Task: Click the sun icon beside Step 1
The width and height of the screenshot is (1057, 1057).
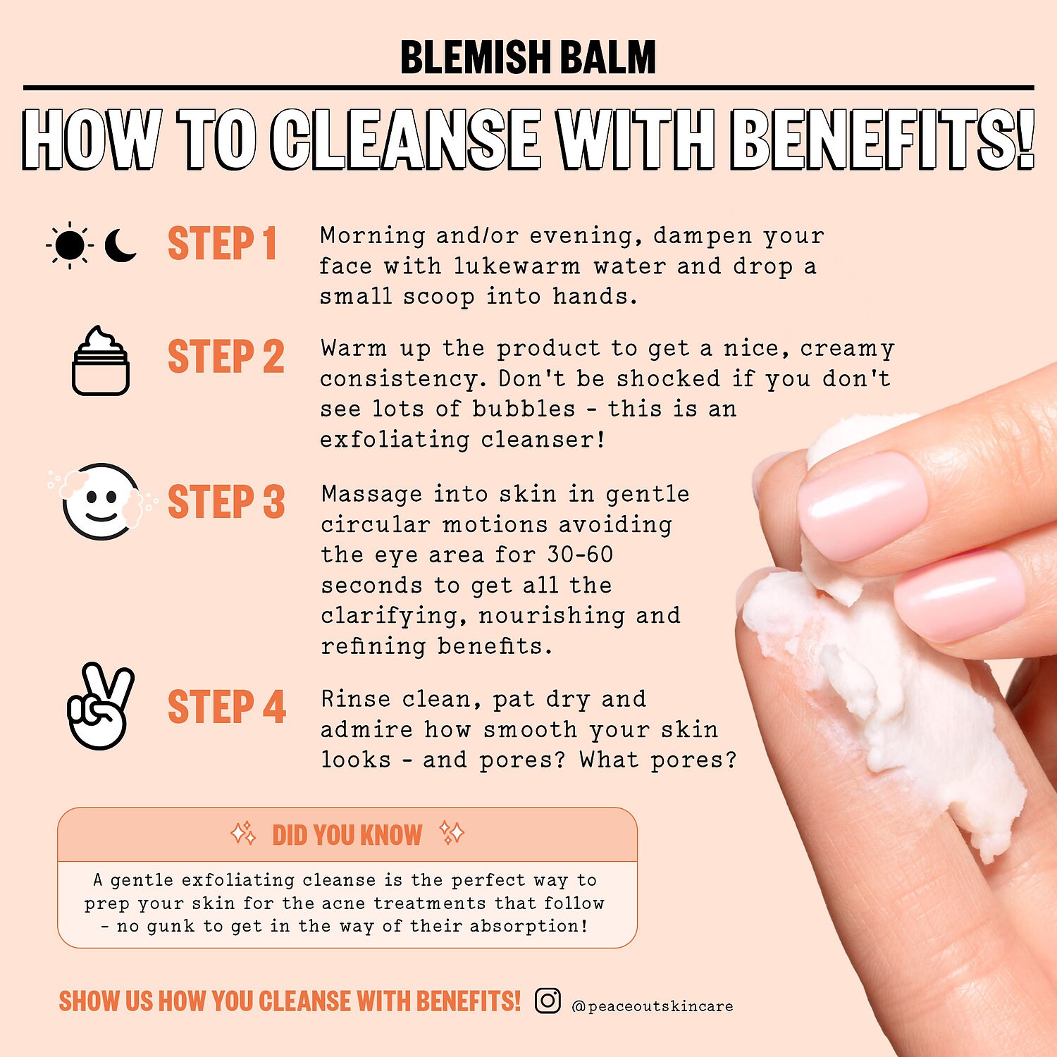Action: pos(70,245)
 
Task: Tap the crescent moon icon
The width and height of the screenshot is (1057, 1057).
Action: pos(120,245)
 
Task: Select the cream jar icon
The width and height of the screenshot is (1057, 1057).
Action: pos(101,360)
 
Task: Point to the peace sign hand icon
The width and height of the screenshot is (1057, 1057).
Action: pos(100,706)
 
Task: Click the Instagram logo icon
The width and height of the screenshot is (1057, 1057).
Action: pos(548,1000)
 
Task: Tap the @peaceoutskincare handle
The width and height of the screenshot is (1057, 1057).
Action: pos(653,1006)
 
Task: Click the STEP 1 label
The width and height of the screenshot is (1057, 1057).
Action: pos(222,244)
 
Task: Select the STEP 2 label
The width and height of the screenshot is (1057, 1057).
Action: pos(226,357)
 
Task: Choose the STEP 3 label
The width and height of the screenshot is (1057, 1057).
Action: pos(226,502)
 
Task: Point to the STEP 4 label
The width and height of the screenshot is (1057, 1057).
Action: pos(227,707)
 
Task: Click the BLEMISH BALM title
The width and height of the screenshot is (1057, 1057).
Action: pos(528,57)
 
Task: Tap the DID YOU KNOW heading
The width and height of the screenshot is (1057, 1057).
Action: pos(347,835)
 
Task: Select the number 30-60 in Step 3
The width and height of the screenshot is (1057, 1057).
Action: pos(581,555)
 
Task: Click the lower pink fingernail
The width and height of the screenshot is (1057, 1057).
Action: pos(960,596)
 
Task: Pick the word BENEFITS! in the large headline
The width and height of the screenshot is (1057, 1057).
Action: pos(882,139)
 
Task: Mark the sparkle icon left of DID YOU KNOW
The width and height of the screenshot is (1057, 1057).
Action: pos(244,834)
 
